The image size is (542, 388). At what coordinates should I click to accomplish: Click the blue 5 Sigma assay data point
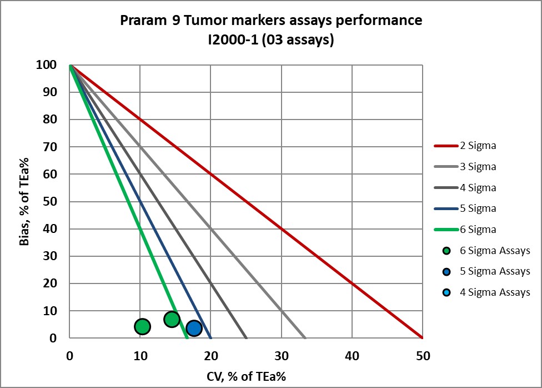[x=194, y=328]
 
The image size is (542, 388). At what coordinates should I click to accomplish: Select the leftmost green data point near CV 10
[x=143, y=326]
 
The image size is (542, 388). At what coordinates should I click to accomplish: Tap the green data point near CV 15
[x=172, y=319]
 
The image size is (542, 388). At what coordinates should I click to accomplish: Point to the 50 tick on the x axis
[x=422, y=355]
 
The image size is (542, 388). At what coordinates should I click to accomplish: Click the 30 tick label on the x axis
[x=281, y=355]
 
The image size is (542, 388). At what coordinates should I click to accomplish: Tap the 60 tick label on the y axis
[x=51, y=174]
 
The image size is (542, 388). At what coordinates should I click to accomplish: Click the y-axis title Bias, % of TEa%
[x=26, y=202]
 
